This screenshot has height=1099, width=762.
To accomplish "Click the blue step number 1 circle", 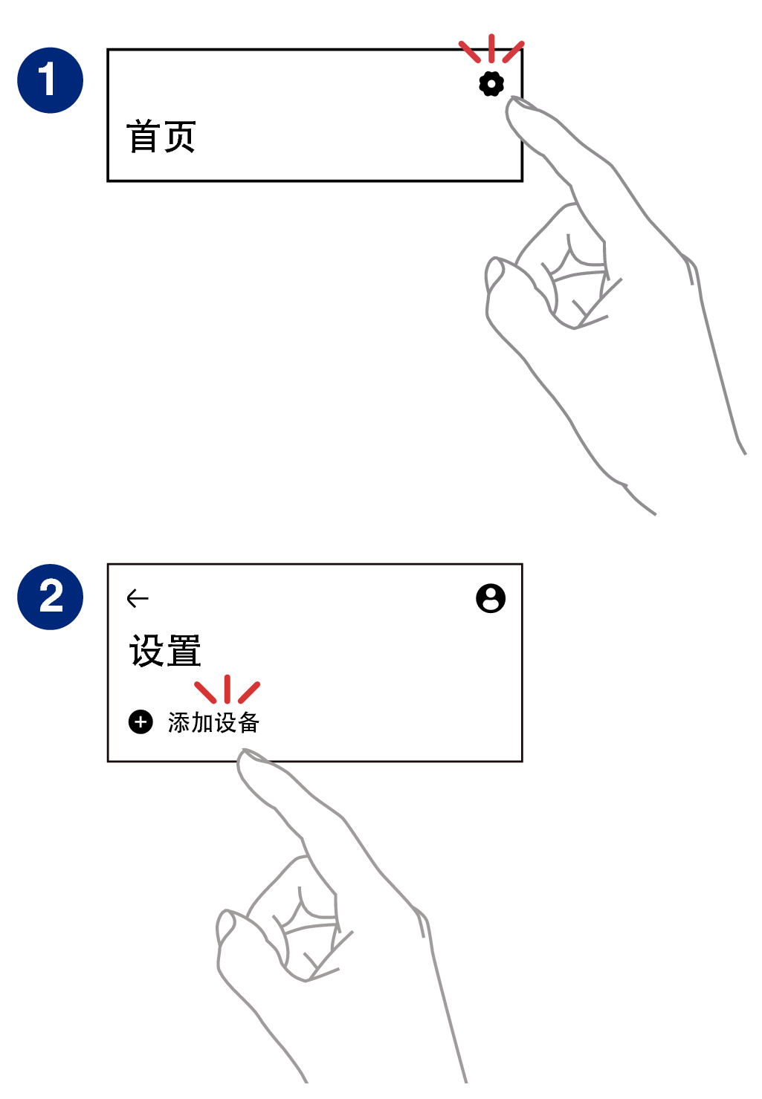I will click(x=51, y=80).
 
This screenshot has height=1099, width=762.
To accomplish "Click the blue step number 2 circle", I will click(x=51, y=597).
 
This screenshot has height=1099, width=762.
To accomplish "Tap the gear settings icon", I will click(x=491, y=84).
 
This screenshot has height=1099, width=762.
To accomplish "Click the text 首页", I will click(x=161, y=137).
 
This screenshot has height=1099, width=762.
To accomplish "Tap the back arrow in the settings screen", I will click(x=138, y=598).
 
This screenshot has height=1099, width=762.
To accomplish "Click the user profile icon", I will click(x=491, y=598).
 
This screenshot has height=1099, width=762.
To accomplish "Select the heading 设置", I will click(x=165, y=651).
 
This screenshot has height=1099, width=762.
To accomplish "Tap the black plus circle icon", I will click(x=141, y=722).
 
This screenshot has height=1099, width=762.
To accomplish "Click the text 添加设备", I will click(x=213, y=722).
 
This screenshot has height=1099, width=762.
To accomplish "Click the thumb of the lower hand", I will click(x=227, y=929).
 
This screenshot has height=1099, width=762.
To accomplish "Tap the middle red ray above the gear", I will click(x=491, y=48).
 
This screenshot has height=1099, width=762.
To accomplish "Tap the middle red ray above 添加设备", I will click(x=227, y=689).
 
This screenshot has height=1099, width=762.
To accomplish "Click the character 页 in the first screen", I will click(x=180, y=137).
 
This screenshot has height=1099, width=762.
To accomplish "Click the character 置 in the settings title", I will click(x=184, y=651).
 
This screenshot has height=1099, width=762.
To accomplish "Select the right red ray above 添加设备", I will click(x=249, y=692).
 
